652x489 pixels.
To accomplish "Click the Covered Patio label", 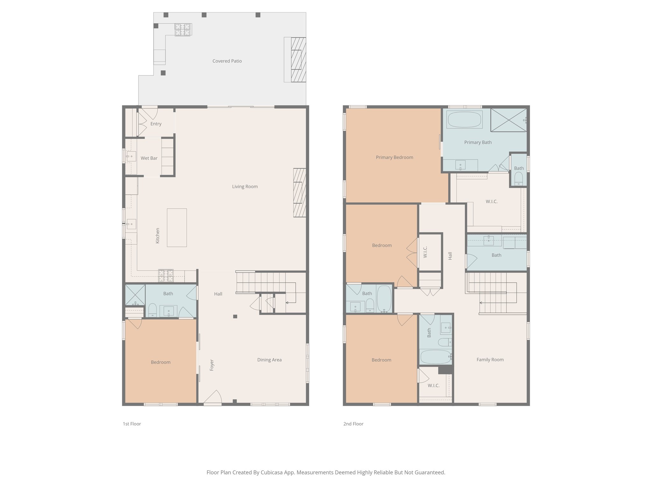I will point(227,61).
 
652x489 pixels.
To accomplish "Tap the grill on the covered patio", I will point(183,30).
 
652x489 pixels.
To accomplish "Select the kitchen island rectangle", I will point(177,228).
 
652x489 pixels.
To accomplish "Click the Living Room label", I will point(245,187).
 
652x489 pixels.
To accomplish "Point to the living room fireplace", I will point(300,193).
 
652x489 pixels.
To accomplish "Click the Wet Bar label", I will point(149,158).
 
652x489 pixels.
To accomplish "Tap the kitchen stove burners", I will point(166,276).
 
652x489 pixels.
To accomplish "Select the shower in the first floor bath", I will point(135,295).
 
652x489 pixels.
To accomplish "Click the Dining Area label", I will point(269,360).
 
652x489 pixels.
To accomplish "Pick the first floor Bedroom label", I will point(160,362).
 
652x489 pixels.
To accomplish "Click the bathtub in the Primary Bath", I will point(464,119).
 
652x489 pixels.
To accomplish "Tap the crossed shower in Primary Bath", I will point(508,120).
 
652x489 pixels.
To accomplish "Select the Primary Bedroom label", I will point(394,157).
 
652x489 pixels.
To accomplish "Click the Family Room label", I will point(490,360).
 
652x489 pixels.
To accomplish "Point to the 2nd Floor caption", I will point(353,424).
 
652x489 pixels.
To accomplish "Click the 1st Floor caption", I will point(132,424).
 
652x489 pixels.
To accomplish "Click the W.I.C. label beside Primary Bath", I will point(492,202).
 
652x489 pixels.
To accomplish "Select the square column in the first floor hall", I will point(235,316).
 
